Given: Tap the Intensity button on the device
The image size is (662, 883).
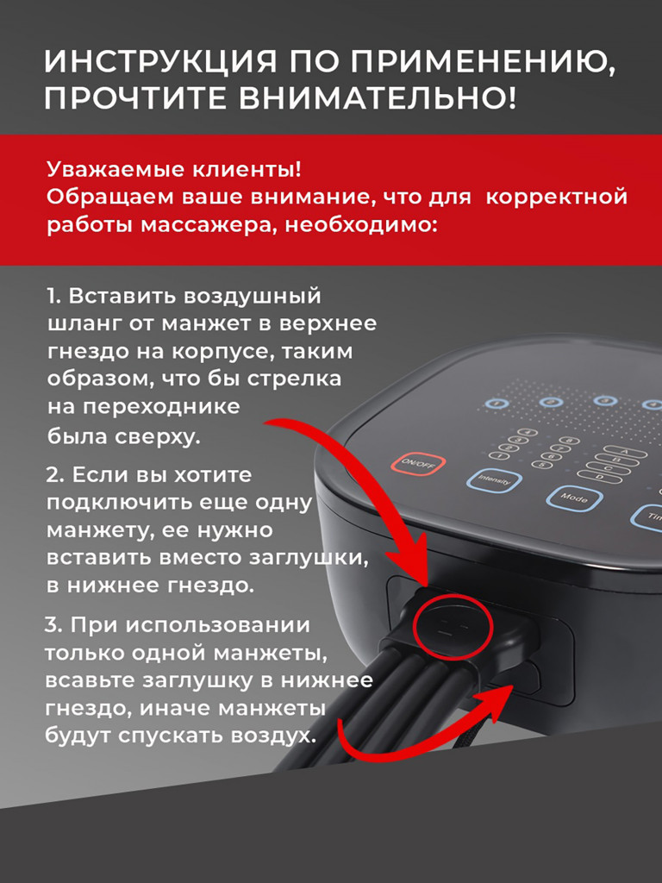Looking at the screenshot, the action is (x=494, y=480).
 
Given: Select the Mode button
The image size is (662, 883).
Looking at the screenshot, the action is (x=574, y=498).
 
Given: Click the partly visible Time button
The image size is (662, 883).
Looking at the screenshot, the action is (x=647, y=517).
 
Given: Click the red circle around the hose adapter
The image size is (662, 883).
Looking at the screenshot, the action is (x=453, y=627).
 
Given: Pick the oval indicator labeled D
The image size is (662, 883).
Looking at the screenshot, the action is (x=600, y=477).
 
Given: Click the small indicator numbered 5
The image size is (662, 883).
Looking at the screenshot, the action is (x=541, y=465).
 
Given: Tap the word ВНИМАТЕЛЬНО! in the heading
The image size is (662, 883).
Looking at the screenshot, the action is (x=377, y=97).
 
